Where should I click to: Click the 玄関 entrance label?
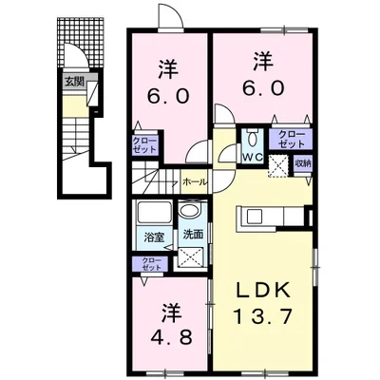pos(74,82)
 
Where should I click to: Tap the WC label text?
pos(253,157)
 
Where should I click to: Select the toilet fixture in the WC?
pos(253,137)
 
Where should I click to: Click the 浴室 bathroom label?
pos(154,237)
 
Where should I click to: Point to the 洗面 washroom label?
pos(193,235)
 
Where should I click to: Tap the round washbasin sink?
pos(189,210)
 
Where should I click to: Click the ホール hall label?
pos(196,182)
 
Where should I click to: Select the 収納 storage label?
pos(303,163)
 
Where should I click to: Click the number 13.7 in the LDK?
pos(262,316)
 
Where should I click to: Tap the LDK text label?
pos(262,289)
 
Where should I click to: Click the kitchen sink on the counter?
pos(255,217)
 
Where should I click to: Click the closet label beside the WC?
pos(292,139)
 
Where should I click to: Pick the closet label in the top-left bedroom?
pos(144,145)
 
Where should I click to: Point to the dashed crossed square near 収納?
pos(278,166)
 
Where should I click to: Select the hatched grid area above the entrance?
pos(81,43)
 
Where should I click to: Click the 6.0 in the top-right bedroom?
pos(263,87)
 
